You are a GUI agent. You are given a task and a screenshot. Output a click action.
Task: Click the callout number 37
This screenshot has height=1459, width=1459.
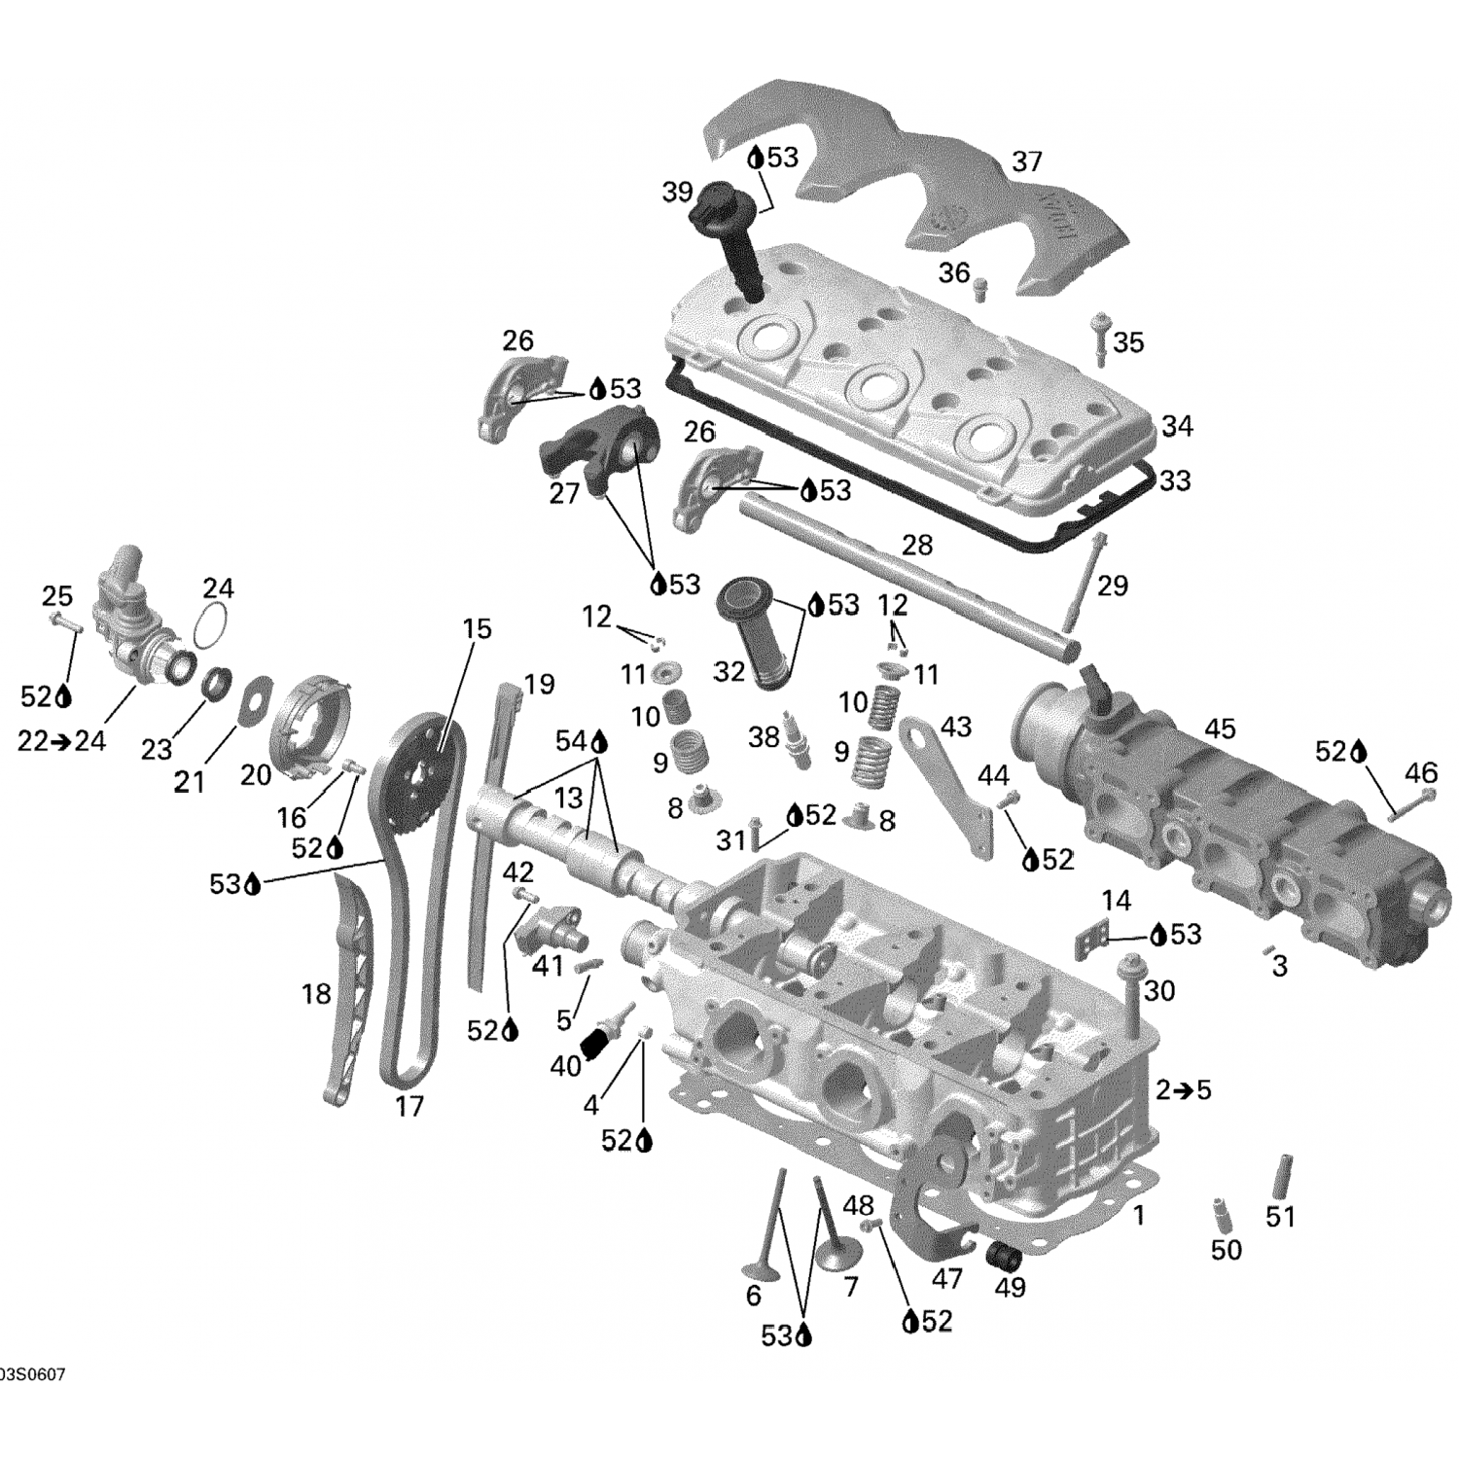1027,161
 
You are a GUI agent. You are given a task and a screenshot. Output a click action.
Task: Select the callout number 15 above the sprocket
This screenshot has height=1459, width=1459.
477,629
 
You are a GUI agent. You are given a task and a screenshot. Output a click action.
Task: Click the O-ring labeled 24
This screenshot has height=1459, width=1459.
214,623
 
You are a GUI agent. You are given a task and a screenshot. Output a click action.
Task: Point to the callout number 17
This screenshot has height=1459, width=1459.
409,1106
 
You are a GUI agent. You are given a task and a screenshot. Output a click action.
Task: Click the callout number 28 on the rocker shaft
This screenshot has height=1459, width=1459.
916,545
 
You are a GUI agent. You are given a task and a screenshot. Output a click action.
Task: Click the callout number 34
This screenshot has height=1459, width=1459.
1177,426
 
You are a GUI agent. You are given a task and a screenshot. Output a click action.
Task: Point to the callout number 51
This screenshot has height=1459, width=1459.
1280,1216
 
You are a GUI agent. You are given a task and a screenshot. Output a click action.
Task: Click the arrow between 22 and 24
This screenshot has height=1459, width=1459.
60,741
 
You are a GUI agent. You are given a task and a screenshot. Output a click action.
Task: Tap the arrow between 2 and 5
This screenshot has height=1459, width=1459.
1183,1090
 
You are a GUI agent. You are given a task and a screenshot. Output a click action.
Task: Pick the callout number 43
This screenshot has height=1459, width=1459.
955,727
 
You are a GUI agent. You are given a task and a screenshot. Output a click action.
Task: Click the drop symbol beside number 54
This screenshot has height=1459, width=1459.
598,742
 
